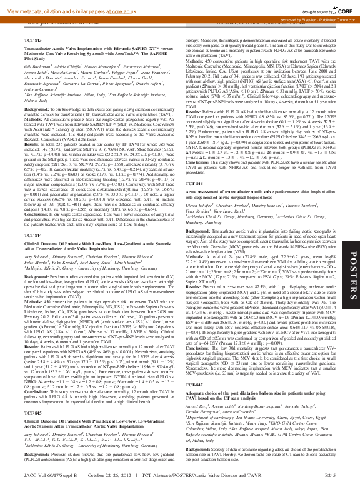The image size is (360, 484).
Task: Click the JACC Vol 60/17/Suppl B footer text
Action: (x=51, y=477)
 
